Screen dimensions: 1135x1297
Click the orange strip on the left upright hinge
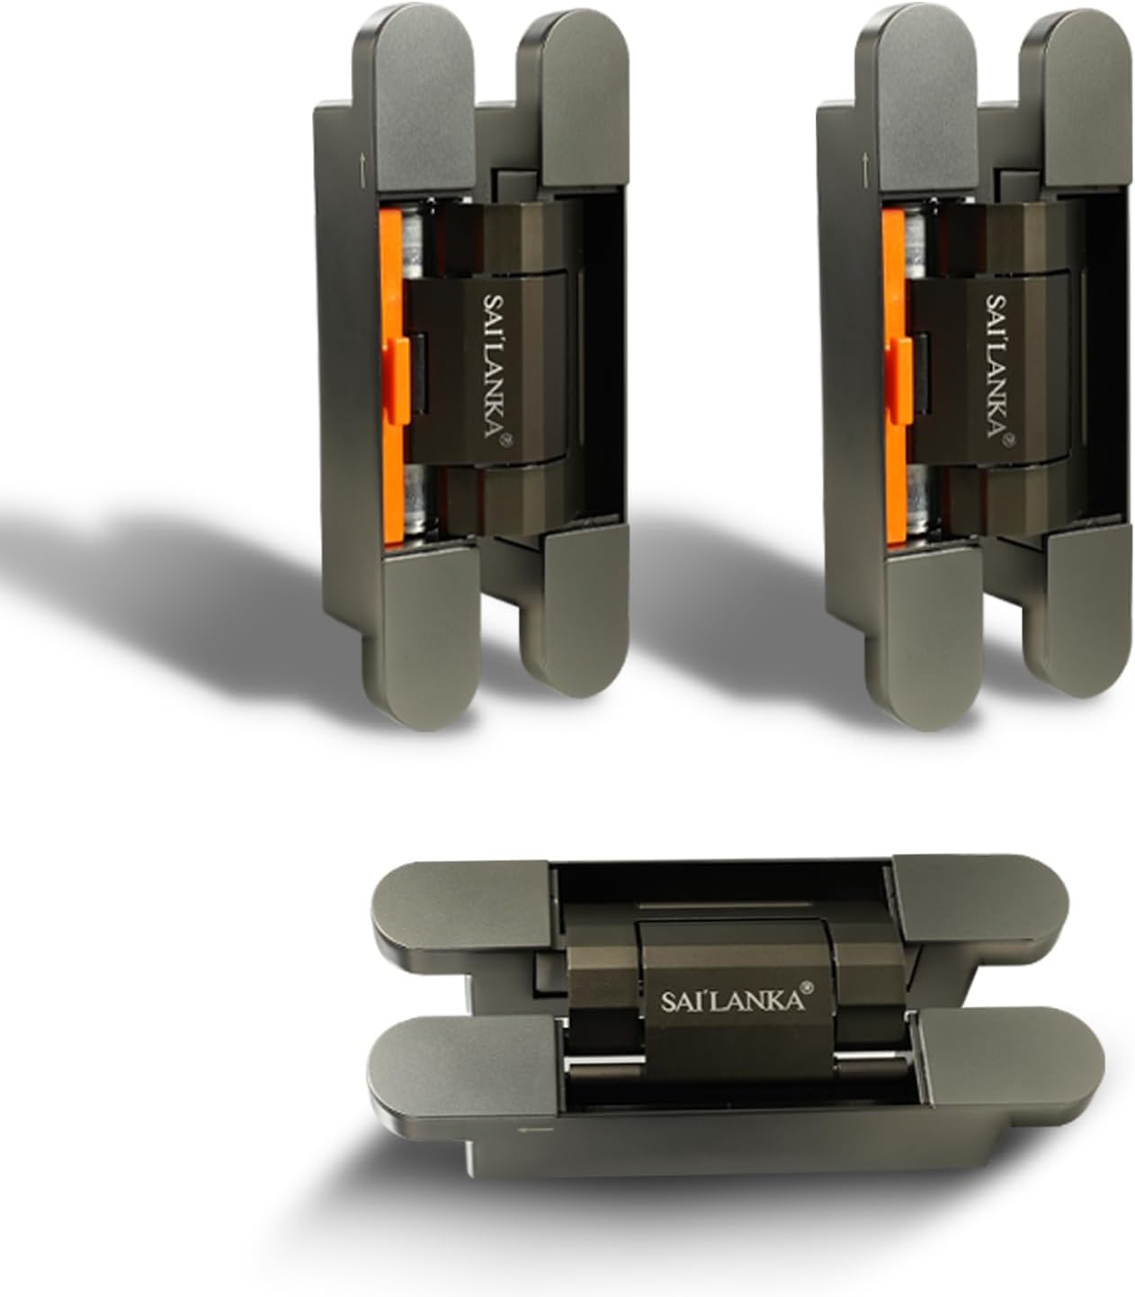[x=391, y=377]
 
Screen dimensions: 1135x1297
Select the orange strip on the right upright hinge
[x=894, y=377]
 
